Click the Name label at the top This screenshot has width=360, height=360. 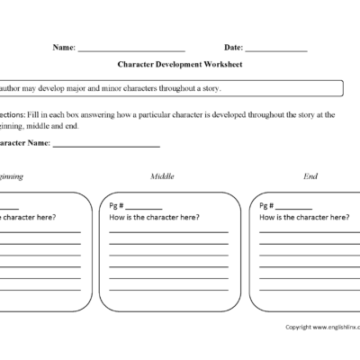pyautogui.click(x=64, y=47)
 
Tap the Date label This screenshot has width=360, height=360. pyautogui.click(x=233, y=47)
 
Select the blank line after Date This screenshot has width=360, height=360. pyautogui.click(x=275, y=49)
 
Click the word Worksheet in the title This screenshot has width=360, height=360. pyautogui.click(x=222, y=65)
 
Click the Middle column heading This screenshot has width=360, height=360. pyautogui.click(x=164, y=176)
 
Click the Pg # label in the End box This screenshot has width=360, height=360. pyautogui.click(x=267, y=207)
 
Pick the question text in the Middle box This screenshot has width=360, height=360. pyautogui.click(x=154, y=218)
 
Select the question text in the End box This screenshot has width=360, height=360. pyautogui.click(x=303, y=218)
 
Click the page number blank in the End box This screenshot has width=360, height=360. pyautogui.click(x=295, y=209)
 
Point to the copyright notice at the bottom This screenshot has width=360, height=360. pyautogui.click(x=321, y=328)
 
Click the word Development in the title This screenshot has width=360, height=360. pyautogui.click(x=179, y=65)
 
